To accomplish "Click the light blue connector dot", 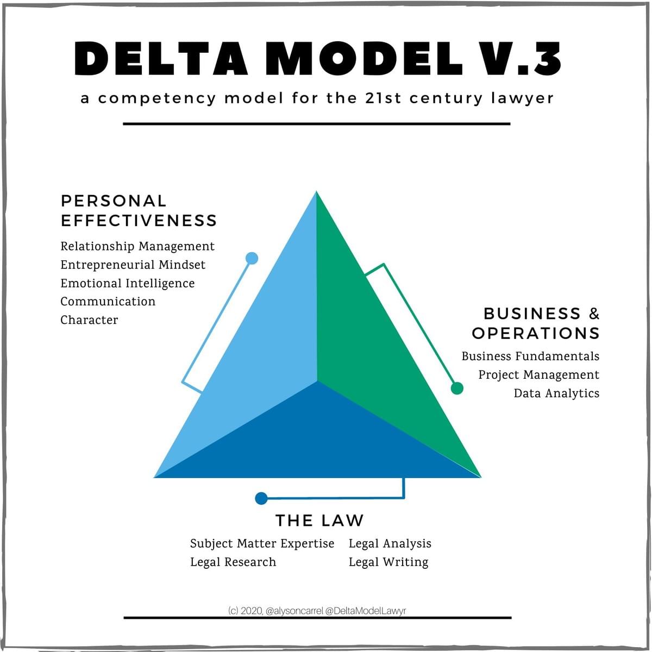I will click(252, 258).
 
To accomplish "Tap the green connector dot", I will click(457, 388).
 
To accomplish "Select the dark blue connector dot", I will click(261, 498).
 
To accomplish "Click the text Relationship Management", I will click(137, 247).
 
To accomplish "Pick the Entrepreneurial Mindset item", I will click(133, 265).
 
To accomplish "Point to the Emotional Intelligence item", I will click(127, 284).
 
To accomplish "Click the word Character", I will click(89, 320).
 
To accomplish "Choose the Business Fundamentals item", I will click(530, 356).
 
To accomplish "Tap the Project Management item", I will click(538, 375).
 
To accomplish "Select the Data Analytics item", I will click(556, 393).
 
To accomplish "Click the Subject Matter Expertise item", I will click(262, 544).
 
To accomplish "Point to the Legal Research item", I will click(233, 562).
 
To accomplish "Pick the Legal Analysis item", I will click(390, 544).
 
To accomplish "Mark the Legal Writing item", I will click(388, 562).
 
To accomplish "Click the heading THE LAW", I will click(319, 521).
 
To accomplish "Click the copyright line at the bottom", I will click(317, 611).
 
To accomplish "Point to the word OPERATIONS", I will click(535, 333).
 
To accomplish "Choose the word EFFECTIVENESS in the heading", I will click(139, 221).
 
